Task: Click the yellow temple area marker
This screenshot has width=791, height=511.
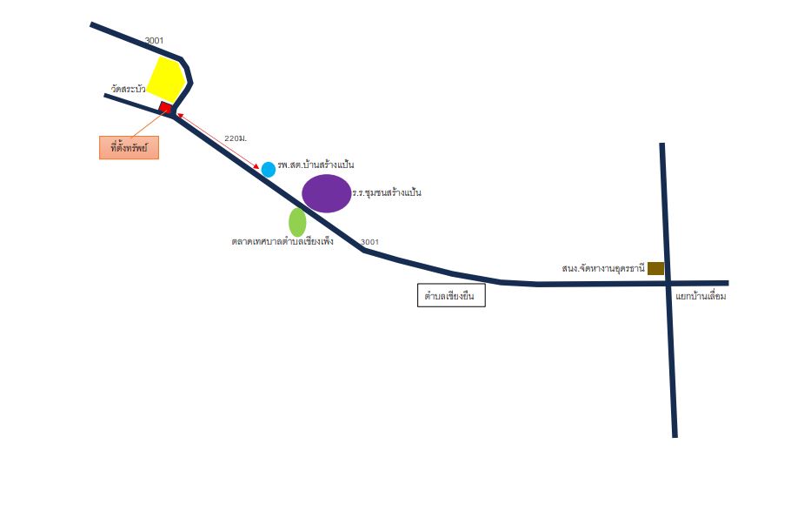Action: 165,78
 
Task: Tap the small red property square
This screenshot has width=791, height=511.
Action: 165,107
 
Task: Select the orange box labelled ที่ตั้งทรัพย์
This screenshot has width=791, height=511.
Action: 130,148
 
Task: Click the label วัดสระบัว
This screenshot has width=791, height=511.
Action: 128,89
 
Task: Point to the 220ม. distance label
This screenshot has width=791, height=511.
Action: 236,138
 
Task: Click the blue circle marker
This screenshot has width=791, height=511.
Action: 269,170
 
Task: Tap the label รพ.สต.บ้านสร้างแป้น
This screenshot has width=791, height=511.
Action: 316,165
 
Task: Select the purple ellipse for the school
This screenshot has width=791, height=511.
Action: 326,193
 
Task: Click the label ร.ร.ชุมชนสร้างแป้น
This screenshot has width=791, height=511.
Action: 387,192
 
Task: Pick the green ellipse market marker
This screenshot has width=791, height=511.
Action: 297,222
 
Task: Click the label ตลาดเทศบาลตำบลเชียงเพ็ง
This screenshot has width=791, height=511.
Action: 282,242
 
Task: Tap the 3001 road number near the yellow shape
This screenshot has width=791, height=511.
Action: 155,40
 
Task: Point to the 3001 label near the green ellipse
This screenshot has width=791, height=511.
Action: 369,242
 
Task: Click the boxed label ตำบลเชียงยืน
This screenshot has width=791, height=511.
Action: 451,295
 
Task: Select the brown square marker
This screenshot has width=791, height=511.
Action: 655,268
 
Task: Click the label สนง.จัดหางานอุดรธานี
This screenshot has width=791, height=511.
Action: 603,268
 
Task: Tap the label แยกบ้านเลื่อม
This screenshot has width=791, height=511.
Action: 701,296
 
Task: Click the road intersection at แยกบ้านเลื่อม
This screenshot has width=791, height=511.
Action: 668,283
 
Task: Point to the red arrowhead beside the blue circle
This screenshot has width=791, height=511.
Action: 256,165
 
